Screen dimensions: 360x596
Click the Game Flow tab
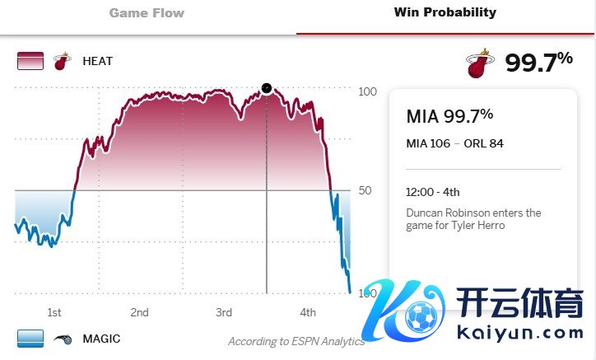pyautogui.click(x=147, y=13)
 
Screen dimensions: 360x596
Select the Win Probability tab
pyautogui.click(x=445, y=12)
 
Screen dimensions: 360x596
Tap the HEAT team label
pyautogui.click(x=97, y=61)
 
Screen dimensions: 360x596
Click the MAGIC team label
pyautogui.click(x=101, y=339)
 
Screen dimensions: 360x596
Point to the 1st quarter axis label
pyautogui.click(x=54, y=312)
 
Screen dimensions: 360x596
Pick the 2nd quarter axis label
pyautogui.click(x=139, y=312)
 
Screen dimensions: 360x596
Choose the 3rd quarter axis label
pyautogui.click(x=224, y=312)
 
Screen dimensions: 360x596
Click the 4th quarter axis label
pyautogui.click(x=308, y=312)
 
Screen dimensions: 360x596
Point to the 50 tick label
pyautogui.click(x=366, y=190)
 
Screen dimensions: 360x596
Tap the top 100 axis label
pyautogui.click(x=367, y=91)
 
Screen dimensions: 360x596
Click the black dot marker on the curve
pyautogui.click(x=266, y=88)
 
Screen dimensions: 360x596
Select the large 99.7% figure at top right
pyautogui.click(x=538, y=62)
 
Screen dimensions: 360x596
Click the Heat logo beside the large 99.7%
pyautogui.click(x=479, y=63)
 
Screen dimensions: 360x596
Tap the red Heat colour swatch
pyautogui.click(x=30, y=61)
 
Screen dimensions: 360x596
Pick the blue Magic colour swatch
pyautogui.click(x=30, y=339)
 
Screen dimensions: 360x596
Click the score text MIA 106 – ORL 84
pyautogui.click(x=455, y=143)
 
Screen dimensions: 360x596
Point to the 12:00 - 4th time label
pyautogui.click(x=433, y=192)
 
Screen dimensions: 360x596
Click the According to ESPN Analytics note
pyautogui.click(x=296, y=341)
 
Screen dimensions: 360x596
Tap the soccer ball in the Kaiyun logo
pyautogui.click(x=421, y=318)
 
